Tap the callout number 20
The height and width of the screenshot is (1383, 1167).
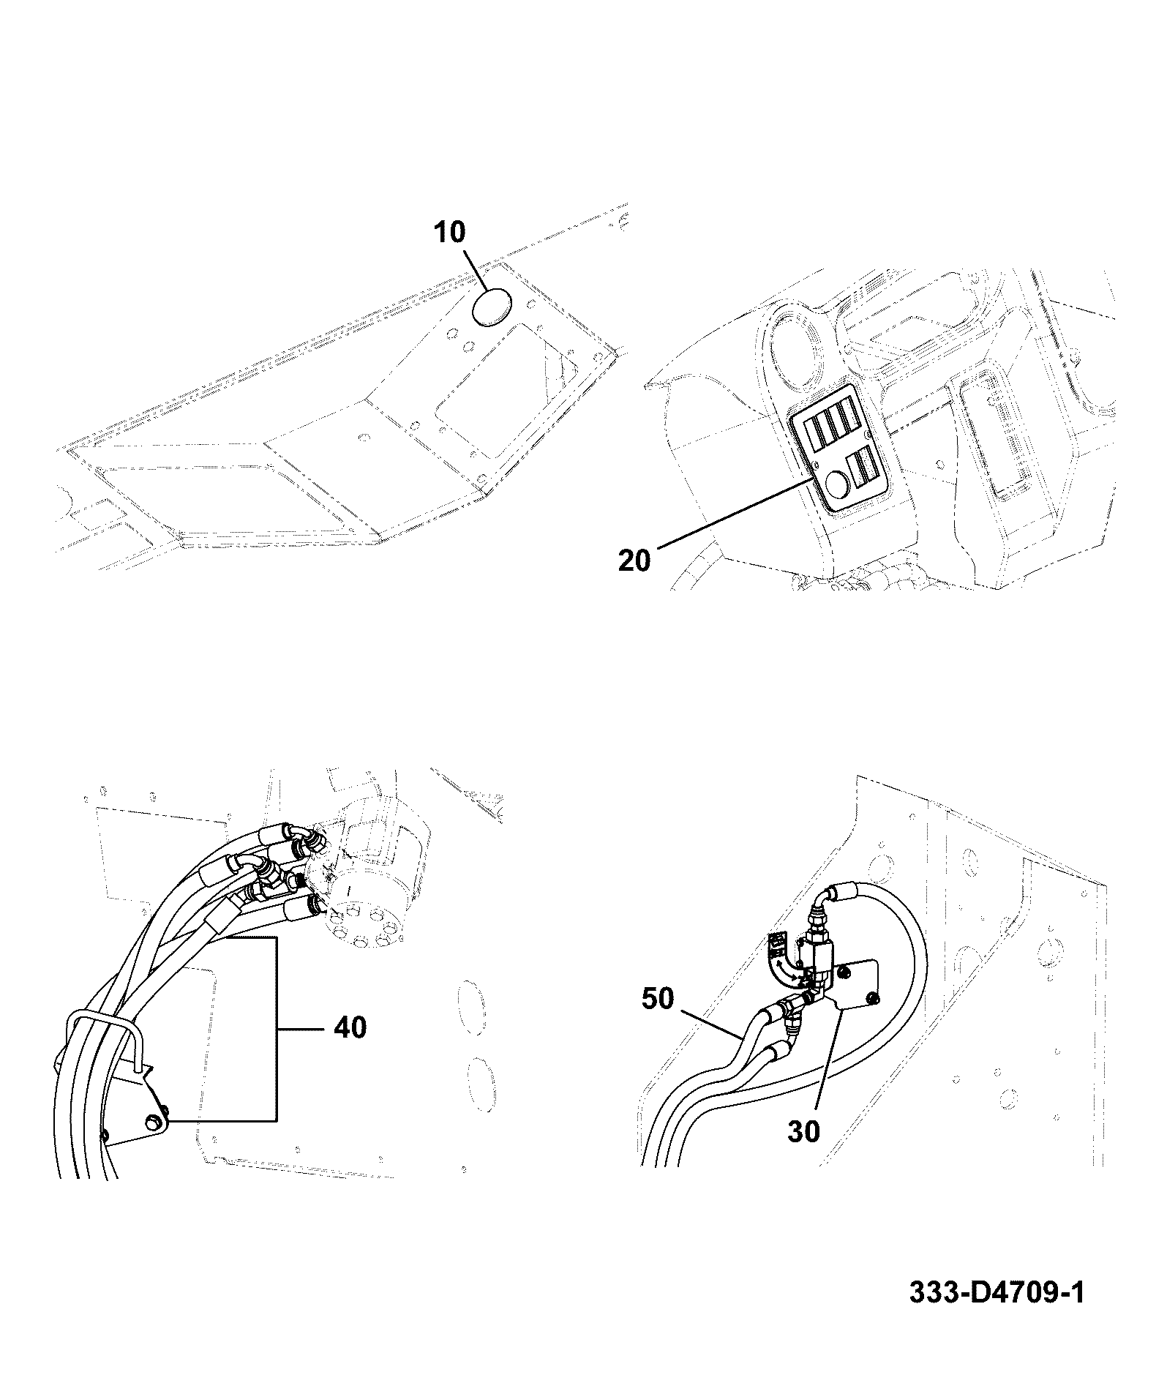634,561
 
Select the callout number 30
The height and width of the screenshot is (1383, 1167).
804,1152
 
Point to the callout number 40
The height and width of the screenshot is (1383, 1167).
350,1027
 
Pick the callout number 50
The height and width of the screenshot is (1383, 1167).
657,998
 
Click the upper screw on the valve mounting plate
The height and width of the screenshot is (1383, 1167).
845,972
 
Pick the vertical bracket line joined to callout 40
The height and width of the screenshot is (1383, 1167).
276,1038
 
